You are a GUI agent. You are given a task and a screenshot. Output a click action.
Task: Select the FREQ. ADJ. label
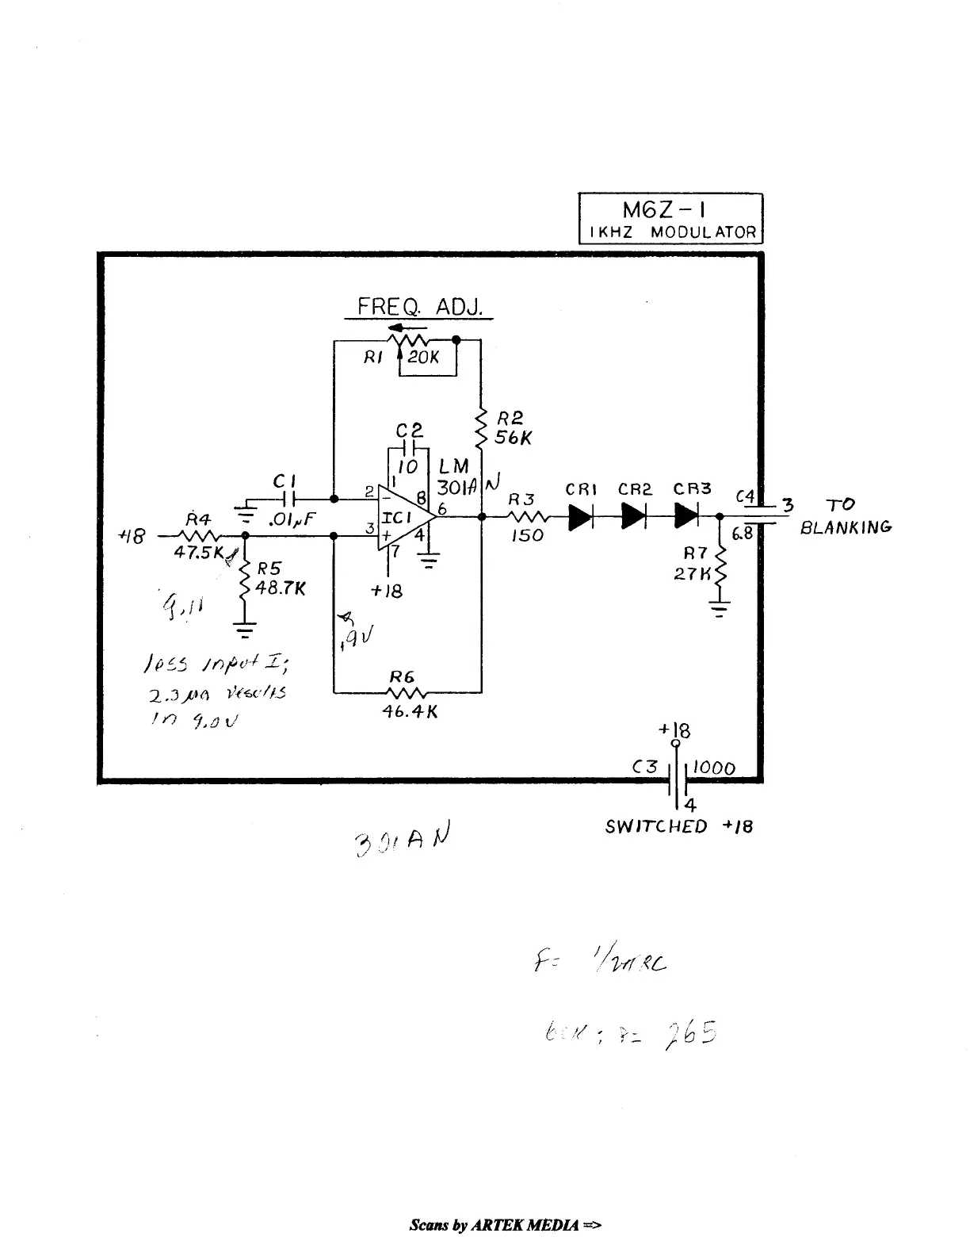pos(419,307)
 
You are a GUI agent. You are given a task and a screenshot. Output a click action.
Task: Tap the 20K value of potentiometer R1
pos(425,358)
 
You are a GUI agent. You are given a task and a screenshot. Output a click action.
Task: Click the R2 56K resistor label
pos(512,428)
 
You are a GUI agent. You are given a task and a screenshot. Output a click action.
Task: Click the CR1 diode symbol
pos(581,516)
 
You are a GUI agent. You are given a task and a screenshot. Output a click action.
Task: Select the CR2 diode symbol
pos(634,516)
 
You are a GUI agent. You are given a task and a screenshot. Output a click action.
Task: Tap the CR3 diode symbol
pos(686,516)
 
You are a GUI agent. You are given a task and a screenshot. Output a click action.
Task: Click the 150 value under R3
pos(527,536)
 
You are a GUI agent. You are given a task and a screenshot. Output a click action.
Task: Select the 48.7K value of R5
pos(281,590)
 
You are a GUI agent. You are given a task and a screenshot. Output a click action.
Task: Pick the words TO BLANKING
pos(844,516)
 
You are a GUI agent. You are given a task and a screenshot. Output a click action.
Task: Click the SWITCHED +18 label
pos(678,826)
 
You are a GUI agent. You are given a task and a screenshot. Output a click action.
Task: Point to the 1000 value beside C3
pos(714,768)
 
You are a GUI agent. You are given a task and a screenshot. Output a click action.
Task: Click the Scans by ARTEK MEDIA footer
pos(506,1225)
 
